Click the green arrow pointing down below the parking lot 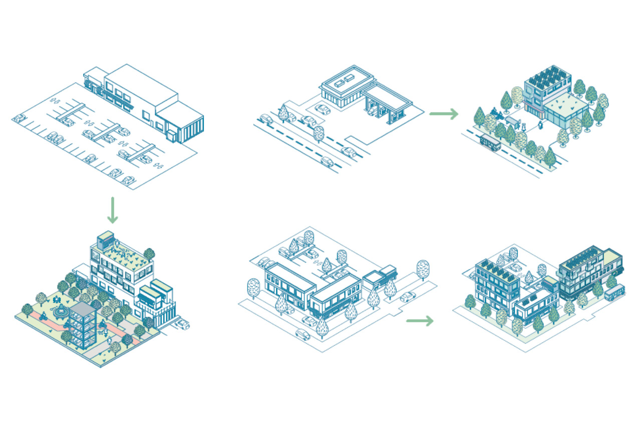pyautogui.click(x=113, y=210)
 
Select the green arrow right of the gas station pyautogui.click(x=444, y=114)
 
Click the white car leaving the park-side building pyautogui.click(x=182, y=324)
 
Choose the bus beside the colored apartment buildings pyautogui.click(x=614, y=292)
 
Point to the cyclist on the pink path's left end pyautogui.click(x=44, y=316)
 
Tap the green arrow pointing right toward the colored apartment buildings pyautogui.click(x=420, y=321)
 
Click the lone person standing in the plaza pyautogui.click(x=540, y=123)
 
